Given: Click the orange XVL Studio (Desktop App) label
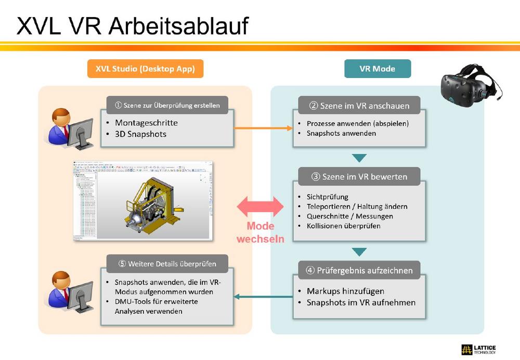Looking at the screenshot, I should point(145,69).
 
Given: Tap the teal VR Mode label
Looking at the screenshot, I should point(377,69).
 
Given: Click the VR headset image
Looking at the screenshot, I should point(468,86).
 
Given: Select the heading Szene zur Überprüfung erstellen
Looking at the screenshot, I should point(167,105).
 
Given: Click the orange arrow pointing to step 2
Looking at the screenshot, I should point(263,128).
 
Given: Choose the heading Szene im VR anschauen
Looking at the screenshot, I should point(359,106).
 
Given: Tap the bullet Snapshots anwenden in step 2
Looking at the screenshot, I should point(341,133).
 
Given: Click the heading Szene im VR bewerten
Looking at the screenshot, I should point(359,176).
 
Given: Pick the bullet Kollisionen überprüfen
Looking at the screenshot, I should point(343,226).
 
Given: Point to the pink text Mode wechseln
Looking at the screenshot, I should point(261,233).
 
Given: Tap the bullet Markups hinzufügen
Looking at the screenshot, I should point(345,291).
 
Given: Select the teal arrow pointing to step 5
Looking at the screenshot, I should point(263,297).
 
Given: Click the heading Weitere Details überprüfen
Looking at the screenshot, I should point(167,263).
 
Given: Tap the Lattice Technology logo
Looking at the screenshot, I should point(478,349).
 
